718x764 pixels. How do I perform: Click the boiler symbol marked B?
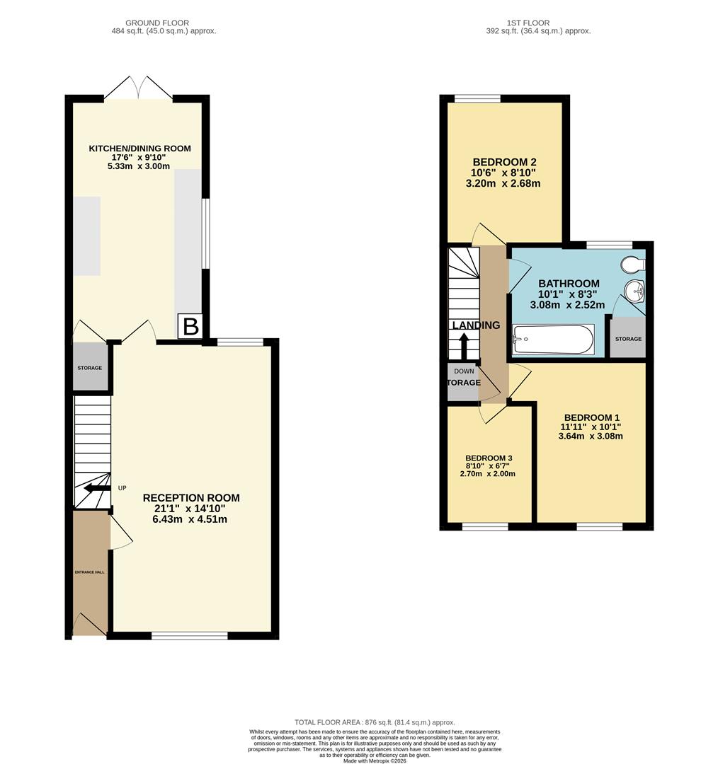click(190, 327)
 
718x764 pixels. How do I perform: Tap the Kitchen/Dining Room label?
click(139, 149)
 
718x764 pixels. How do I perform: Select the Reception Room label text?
click(191, 498)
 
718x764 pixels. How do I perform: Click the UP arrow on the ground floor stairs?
click(97, 488)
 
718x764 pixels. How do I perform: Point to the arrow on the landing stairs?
click(464, 346)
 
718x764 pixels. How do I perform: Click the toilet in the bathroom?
click(632, 265)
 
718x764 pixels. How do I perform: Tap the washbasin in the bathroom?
click(634, 290)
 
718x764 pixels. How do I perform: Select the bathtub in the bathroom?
click(553, 340)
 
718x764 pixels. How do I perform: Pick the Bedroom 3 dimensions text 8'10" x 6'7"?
click(489, 465)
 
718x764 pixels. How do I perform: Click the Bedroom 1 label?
click(591, 417)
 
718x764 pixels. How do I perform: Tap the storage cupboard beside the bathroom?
click(628, 338)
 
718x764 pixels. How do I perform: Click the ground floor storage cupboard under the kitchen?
click(90, 367)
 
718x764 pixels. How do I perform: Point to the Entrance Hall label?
click(90, 572)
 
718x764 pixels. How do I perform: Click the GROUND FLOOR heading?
click(147, 23)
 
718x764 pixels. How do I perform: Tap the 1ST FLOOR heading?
click(529, 23)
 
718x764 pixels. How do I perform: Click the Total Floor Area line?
click(375, 722)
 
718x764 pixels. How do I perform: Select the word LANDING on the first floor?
click(476, 325)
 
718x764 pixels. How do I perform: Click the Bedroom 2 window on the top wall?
click(477, 98)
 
